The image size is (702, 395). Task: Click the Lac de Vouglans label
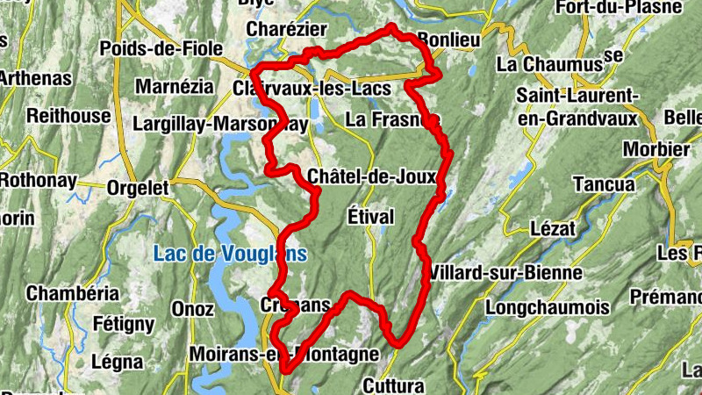230,255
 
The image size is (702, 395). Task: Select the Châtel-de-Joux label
372,177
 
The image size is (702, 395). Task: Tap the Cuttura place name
392,385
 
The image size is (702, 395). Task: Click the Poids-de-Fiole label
161,48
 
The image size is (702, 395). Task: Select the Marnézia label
174,87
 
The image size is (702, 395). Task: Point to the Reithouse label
69,115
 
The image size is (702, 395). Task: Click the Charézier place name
280,29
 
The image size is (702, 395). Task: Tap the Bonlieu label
449,40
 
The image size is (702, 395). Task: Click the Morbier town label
655,149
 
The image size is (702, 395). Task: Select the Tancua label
603,184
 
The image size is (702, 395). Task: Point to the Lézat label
553,228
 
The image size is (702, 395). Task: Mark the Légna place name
117,362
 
